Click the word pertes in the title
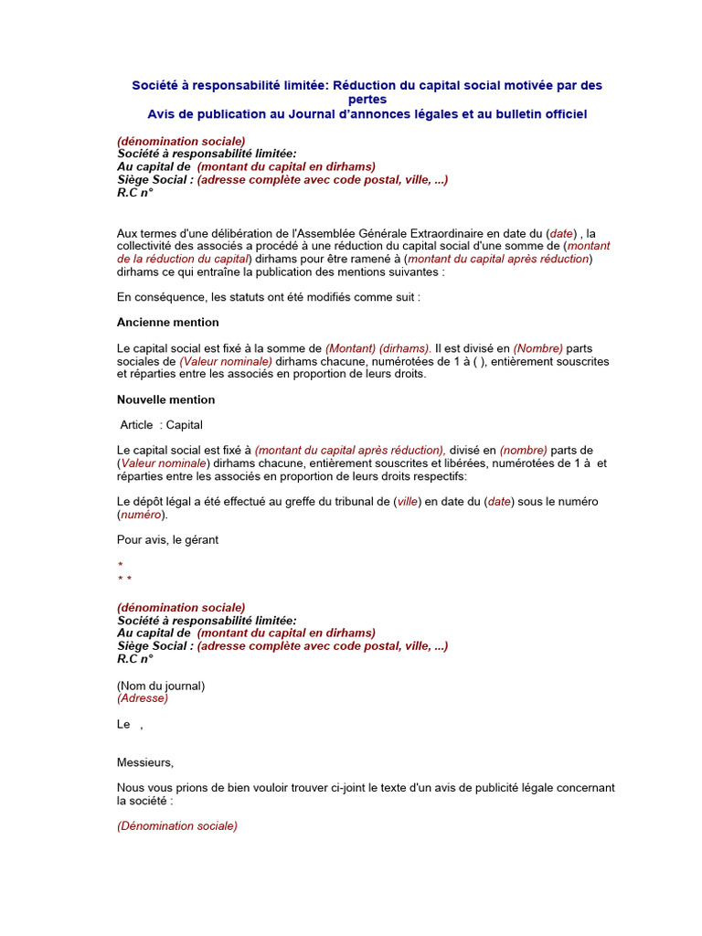367,99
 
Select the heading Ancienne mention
167,323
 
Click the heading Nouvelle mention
165,399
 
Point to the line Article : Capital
161,425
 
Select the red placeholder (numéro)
143,515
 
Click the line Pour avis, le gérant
167,540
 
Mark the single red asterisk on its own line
120,566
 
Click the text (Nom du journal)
161,686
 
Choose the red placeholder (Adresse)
143,698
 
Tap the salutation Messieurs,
144,762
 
